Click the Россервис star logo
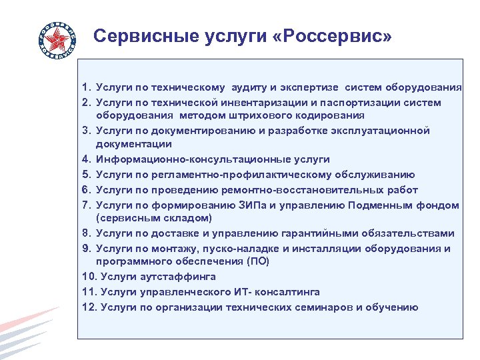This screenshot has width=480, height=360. [57, 38]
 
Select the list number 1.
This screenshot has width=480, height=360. [85, 87]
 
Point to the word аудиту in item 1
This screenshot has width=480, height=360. [253, 87]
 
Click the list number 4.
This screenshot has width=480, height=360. [85, 160]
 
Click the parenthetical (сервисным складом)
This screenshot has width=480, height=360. [154, 218]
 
